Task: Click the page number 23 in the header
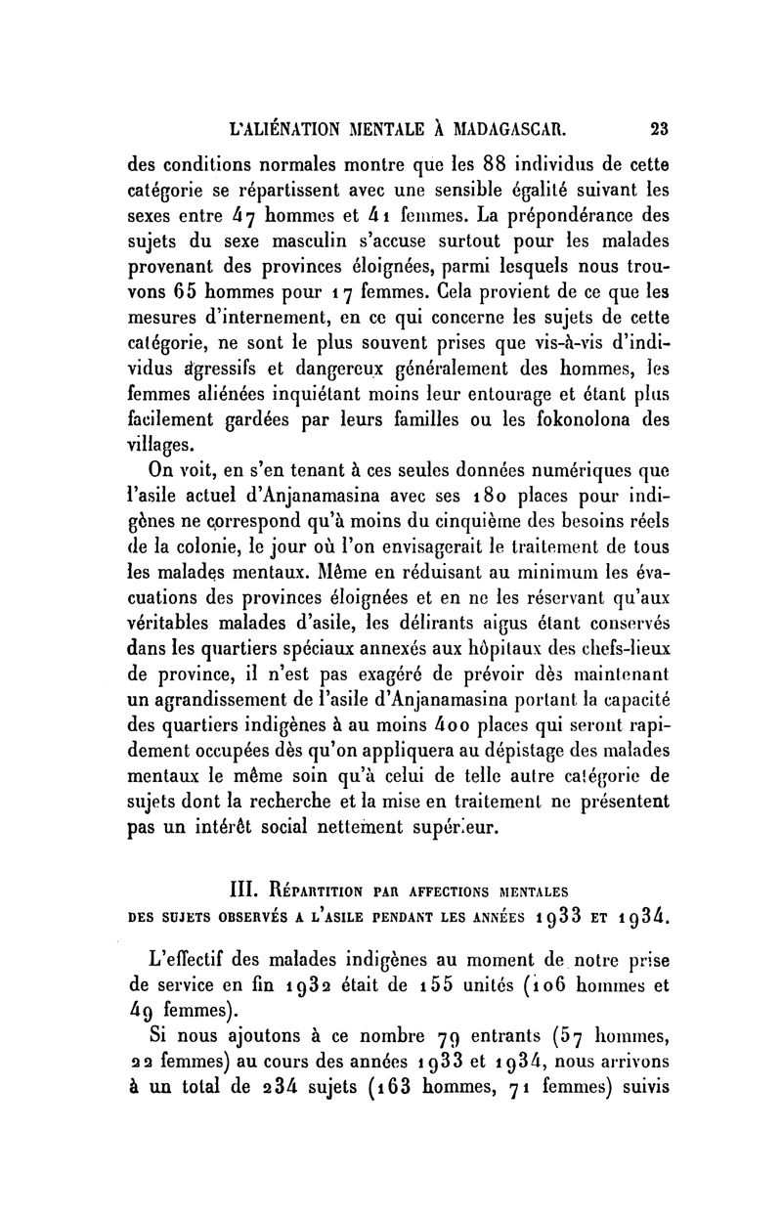[x=658, y=126]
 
